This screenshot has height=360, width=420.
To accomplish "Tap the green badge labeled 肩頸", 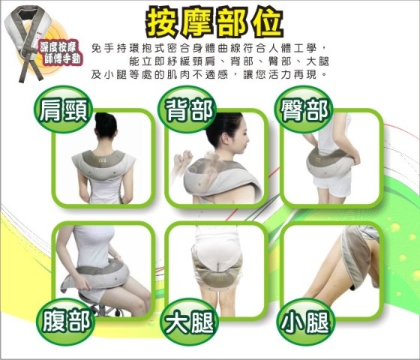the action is [64, 109].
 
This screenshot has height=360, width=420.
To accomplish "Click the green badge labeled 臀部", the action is [304, 109].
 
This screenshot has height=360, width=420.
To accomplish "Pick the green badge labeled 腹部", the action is [66, 322].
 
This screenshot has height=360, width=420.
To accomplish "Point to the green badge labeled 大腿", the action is [189, 322].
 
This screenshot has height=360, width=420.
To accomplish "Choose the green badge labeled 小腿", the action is [305, 322].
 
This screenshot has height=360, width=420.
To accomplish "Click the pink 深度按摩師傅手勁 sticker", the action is [60, 53].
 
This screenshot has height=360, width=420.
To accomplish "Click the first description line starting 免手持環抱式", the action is [208, 49].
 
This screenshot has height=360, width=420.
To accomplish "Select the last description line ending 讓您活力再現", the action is [208, 74].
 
